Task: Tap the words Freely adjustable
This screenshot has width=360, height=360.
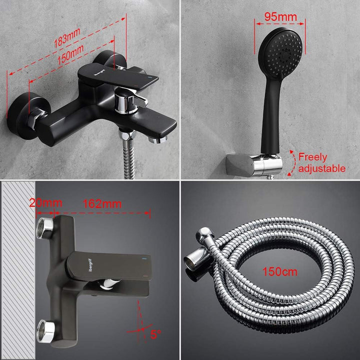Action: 321,162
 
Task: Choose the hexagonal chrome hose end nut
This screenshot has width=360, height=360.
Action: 195,260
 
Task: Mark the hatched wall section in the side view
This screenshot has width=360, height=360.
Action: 18,270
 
